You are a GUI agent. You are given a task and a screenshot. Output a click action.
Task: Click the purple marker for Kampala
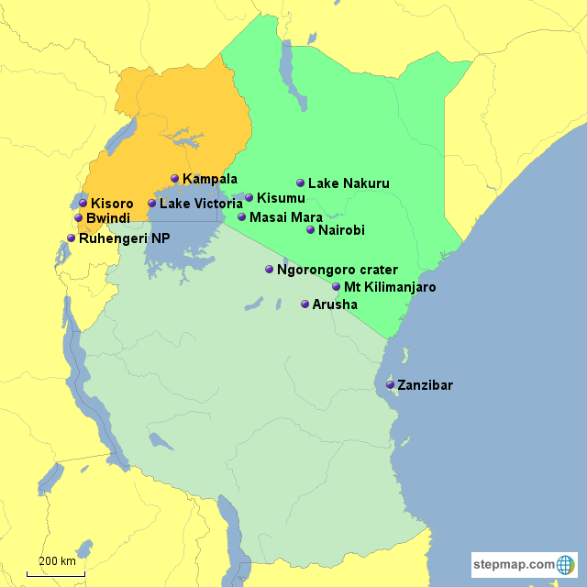(174, 179)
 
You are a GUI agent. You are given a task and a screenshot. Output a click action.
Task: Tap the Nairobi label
(341, 230)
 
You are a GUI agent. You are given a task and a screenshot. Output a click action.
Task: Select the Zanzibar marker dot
(391, 385)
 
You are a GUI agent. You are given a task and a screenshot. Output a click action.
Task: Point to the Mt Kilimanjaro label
(390, 287)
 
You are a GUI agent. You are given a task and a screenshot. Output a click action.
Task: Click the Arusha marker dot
(305, 305)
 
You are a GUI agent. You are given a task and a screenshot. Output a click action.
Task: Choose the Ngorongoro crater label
(338, 270)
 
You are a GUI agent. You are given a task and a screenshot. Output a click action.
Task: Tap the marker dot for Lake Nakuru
(300, 183)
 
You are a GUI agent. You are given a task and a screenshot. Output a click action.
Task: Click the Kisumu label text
(281, 198)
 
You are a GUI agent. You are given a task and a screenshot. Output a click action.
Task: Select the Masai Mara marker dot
(241, 217)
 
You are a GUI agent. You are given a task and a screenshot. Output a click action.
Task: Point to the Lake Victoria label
(201, 204)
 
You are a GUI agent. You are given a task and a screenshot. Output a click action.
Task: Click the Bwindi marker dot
(78, 218)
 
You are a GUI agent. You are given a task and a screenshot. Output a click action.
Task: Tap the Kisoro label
(112, 204)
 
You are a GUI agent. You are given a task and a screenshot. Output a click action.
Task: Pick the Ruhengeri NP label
(125, 238)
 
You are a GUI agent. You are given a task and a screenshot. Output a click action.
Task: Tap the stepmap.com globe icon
(566, 564)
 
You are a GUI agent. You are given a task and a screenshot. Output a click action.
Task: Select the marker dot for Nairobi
(310, 230)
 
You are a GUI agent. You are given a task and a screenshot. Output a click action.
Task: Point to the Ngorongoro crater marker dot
(269, 270)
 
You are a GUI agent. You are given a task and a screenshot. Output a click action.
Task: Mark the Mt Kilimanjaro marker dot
(336, 287)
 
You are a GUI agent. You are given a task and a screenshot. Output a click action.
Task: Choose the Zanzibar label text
(426, 385)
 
